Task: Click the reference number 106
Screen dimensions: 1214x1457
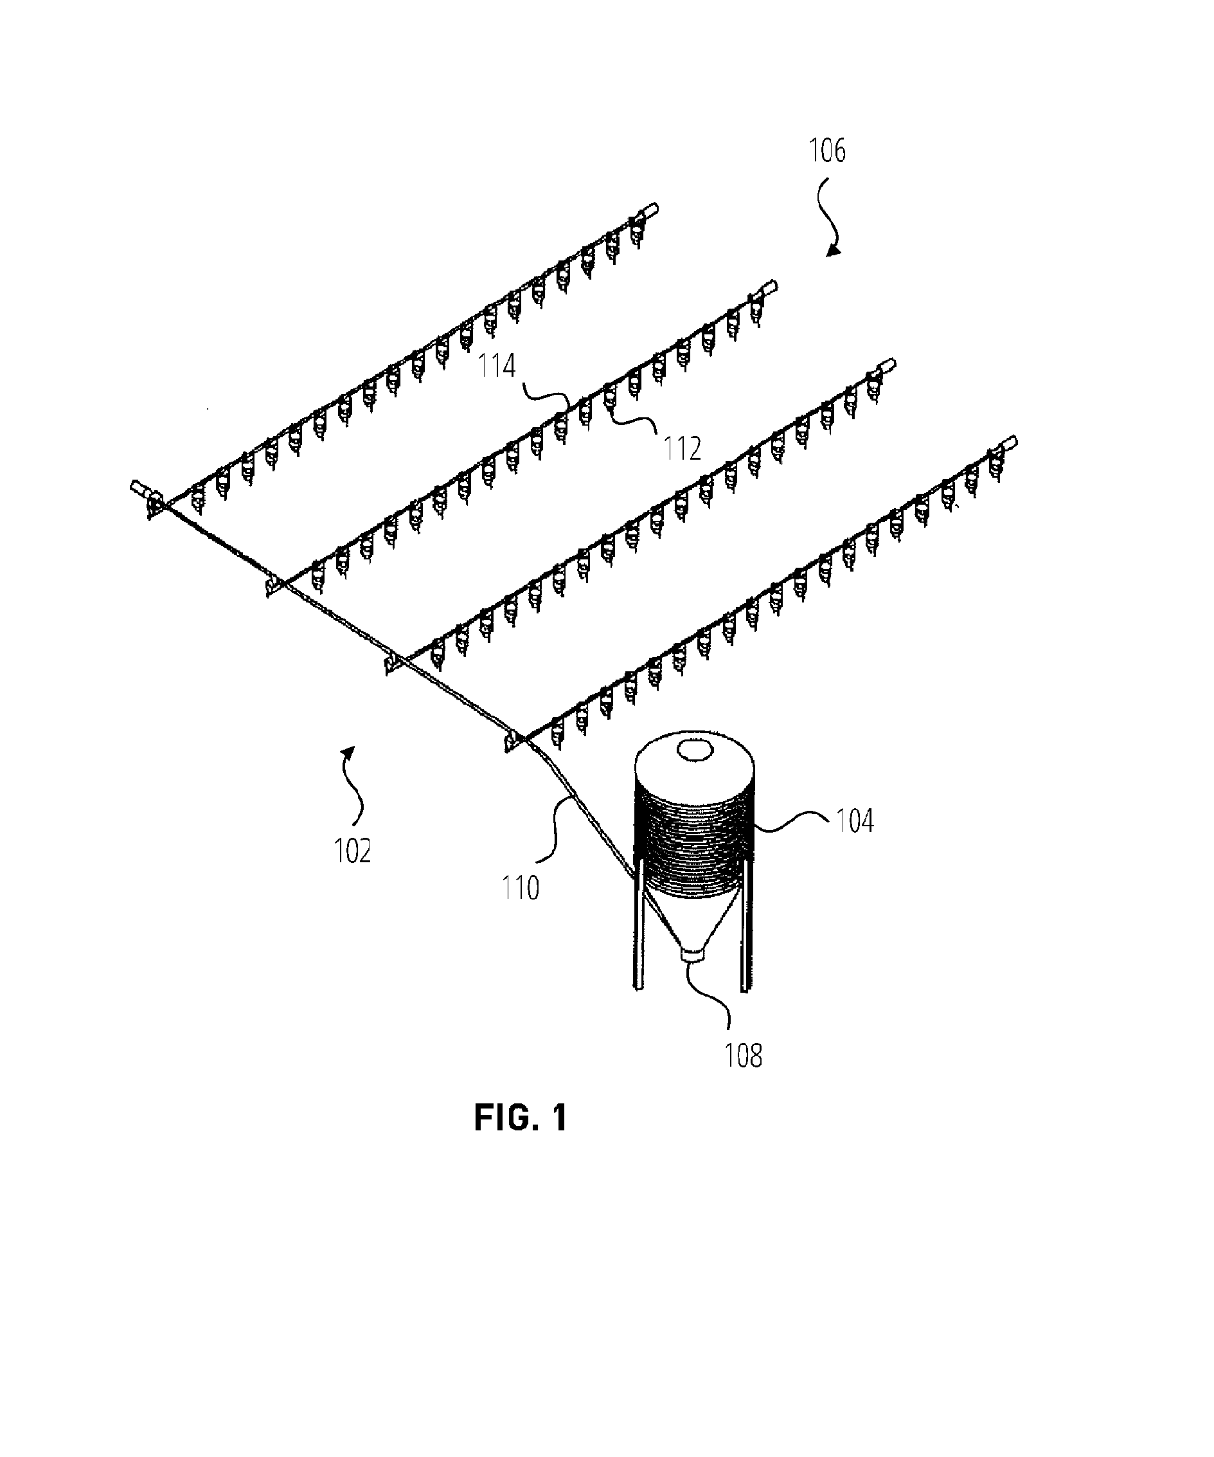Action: pyautogui.click(x=828, y=150)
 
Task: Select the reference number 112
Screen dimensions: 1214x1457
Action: pyautogui.click(x=683, y=449)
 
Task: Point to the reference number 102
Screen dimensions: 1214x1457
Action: pyautogui.click(x=352, y=851)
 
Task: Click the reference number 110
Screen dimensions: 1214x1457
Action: pyautogui.click(x=520, y=888)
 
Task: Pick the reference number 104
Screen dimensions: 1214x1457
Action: pyautogui.click(x=855, y=821)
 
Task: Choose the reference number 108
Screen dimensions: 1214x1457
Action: pyautogui.click(x=743, y=1055)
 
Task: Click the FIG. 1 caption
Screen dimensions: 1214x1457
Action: pyautogui.click(x=521, y=1118)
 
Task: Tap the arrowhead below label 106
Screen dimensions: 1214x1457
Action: pyautogui.click(x=833, y=249)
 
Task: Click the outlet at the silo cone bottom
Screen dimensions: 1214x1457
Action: pyautogui.click(x=693, y=954)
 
